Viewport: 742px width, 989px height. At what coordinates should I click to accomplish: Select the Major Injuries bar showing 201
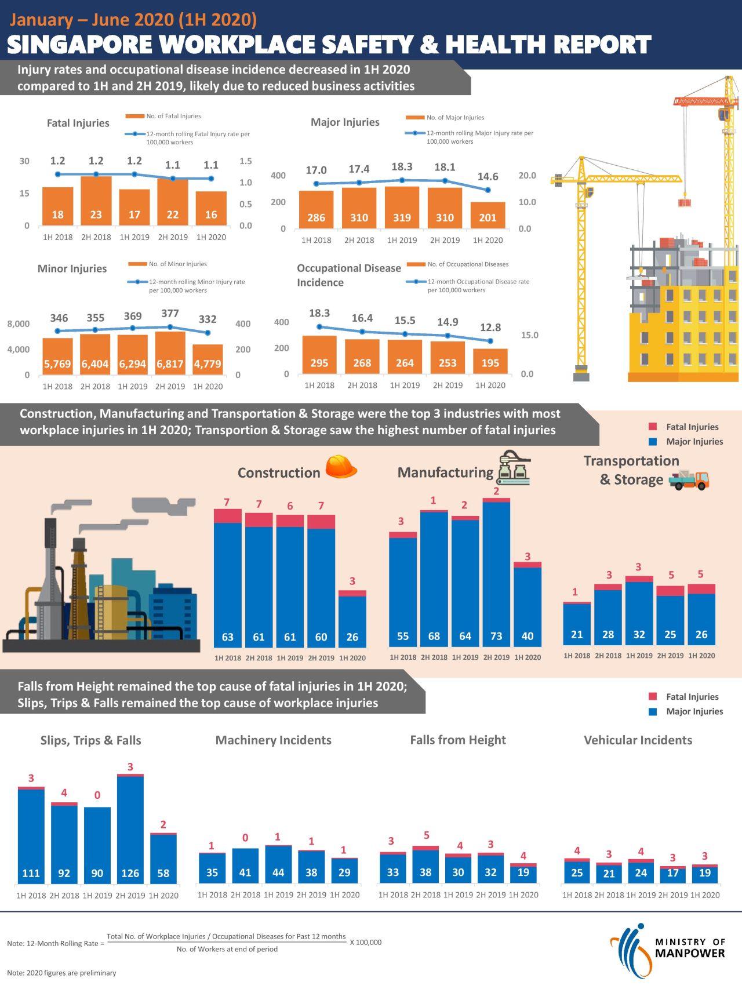tap(488, 215)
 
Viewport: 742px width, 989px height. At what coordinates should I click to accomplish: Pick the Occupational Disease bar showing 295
tap(319, 355)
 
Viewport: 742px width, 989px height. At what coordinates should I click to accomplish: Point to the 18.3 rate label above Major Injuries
tap(402, 167)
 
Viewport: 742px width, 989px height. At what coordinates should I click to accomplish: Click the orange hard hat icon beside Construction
tap(341, 467)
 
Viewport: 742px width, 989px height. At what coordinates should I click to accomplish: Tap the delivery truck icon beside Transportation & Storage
tap(689, 479)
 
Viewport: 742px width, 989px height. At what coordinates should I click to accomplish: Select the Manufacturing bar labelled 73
tap(496, 574)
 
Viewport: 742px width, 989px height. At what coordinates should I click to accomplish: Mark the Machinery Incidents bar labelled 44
tap(278, 864)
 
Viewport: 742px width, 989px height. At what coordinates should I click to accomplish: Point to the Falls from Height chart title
tap(457, 740)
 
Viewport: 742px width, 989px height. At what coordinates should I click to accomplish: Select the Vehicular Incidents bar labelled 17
tap(672, 874)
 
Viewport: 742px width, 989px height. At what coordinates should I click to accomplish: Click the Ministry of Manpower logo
tap(667, 948)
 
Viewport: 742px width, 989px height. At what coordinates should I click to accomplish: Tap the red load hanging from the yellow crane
tap(685, 203)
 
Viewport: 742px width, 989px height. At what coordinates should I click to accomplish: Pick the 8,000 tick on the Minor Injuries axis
tap(19, 323)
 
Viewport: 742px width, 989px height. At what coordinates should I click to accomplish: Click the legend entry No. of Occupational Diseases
tap(467, 264)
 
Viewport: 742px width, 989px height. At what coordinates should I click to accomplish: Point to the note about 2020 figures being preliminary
tap(61, 973)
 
